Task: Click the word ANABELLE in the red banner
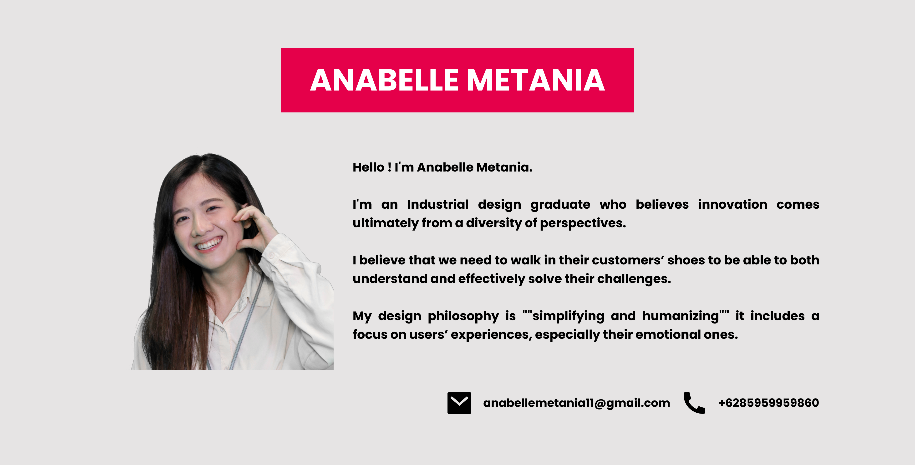click(385, 80)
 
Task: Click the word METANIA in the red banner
click(536, 80)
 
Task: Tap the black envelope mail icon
click(459, 403)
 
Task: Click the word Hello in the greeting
click(368, 167)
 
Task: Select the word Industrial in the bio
click(438, 205)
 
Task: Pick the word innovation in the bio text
click(732, 205)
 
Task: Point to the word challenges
click(634, 279)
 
